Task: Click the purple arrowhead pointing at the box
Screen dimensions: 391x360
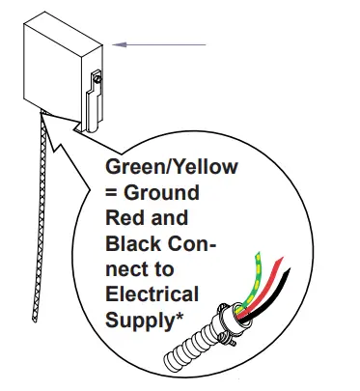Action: coord(119,43)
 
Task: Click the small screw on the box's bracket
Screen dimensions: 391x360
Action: coord(95,78)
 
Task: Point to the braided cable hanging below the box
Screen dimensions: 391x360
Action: coord(42,193)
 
